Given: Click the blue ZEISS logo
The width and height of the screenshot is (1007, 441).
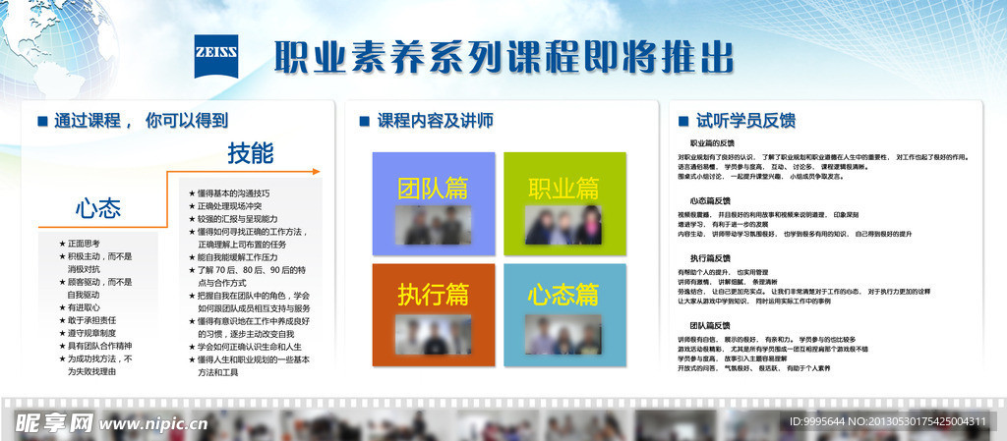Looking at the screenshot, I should coord(216,55).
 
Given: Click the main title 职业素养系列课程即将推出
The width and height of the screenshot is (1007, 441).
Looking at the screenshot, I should coord(503,56).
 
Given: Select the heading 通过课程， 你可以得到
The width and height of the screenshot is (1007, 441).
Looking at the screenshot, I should coord(142,121).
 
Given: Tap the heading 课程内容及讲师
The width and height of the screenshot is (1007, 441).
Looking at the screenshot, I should coord(436,121).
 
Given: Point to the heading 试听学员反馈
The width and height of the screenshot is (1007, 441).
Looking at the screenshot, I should coord(746,121).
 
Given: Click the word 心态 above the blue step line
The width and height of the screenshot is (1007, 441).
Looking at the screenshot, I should coord(98,208).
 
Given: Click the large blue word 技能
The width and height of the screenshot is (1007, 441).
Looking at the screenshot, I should coord(251,153).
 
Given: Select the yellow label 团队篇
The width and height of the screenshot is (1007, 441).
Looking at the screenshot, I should coord(433,188).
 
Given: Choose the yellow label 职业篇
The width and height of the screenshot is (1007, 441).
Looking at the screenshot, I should coord(563,188).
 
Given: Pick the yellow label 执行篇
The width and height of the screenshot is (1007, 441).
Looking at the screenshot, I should coord(433,293).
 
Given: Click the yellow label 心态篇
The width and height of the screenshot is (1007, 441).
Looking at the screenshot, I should coord(563,293).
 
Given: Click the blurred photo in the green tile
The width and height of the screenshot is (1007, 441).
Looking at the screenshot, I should coord(563,225).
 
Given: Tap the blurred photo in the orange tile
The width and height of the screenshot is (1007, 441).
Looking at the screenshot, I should coord(433,334).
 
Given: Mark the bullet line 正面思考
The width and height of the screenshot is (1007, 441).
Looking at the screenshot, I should coord(84,243).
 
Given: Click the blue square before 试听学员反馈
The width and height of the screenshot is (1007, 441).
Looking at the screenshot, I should coord(684,121).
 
